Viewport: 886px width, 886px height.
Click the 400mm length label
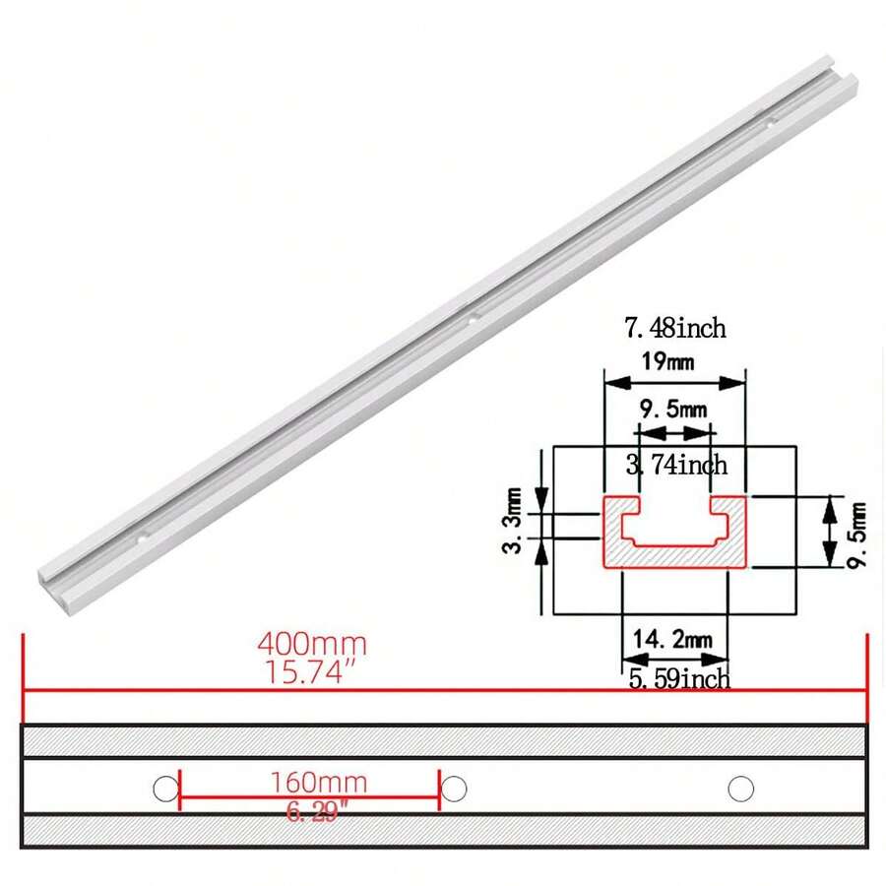point(312,645)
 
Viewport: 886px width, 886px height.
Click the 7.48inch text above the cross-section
point(674,326)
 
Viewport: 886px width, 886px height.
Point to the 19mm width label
point(667,361)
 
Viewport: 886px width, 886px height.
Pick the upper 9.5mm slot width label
point(673,408)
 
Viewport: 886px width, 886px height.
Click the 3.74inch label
point(676,463)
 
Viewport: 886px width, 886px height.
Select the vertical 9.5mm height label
point(856,533)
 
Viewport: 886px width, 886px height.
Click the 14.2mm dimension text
point(673,640)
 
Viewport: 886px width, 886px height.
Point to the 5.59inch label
point(679,678)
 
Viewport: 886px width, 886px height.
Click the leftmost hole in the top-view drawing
point(165,788)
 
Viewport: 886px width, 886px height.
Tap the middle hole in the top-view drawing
point(454,788)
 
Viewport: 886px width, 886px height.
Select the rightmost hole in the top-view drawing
point(740,788)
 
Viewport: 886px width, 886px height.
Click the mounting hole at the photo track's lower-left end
point(141,539)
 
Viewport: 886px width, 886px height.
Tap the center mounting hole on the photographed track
point(472,317)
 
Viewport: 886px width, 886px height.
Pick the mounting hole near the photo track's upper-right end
point(772,123)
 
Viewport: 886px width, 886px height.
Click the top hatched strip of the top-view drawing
point(443,741)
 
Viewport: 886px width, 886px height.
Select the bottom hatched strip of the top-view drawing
point(443,831)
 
